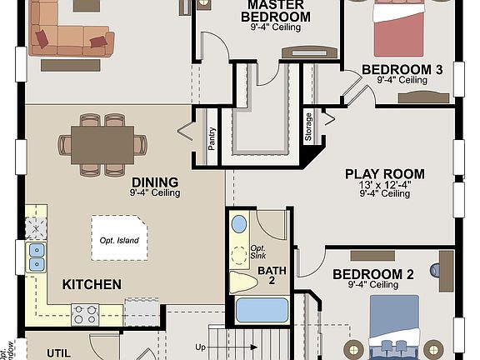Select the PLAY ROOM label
click(385, 174)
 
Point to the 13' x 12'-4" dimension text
click(385, 184)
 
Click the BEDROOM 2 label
click(373, 273)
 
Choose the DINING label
click(154, 182)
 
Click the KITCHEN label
click(92, 284)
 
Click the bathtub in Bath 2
click(261, 309)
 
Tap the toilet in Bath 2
click(242, 280)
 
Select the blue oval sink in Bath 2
click(239, 223)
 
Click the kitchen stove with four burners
click(85, 314)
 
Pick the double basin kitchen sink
click(37, 257)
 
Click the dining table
click(102, 144)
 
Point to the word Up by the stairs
click(201, 346)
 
